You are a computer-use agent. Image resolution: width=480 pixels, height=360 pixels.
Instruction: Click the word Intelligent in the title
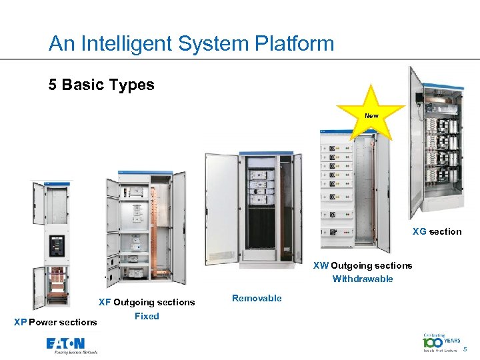119,44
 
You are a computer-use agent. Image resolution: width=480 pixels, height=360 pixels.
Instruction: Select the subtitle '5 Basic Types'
101,85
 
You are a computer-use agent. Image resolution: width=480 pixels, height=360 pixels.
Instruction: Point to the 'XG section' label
437,231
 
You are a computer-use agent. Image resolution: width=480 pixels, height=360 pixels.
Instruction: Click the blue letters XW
321,265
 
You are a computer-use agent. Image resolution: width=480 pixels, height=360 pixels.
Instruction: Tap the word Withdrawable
363,279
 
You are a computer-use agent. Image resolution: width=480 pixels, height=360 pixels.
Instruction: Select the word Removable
257,298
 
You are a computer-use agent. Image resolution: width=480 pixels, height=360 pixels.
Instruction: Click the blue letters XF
105,302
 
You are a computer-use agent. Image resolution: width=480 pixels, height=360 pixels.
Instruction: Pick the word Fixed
147,316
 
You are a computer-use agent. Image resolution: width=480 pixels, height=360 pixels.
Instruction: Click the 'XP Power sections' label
55,322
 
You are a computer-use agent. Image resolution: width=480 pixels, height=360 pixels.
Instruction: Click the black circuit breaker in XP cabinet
55,247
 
